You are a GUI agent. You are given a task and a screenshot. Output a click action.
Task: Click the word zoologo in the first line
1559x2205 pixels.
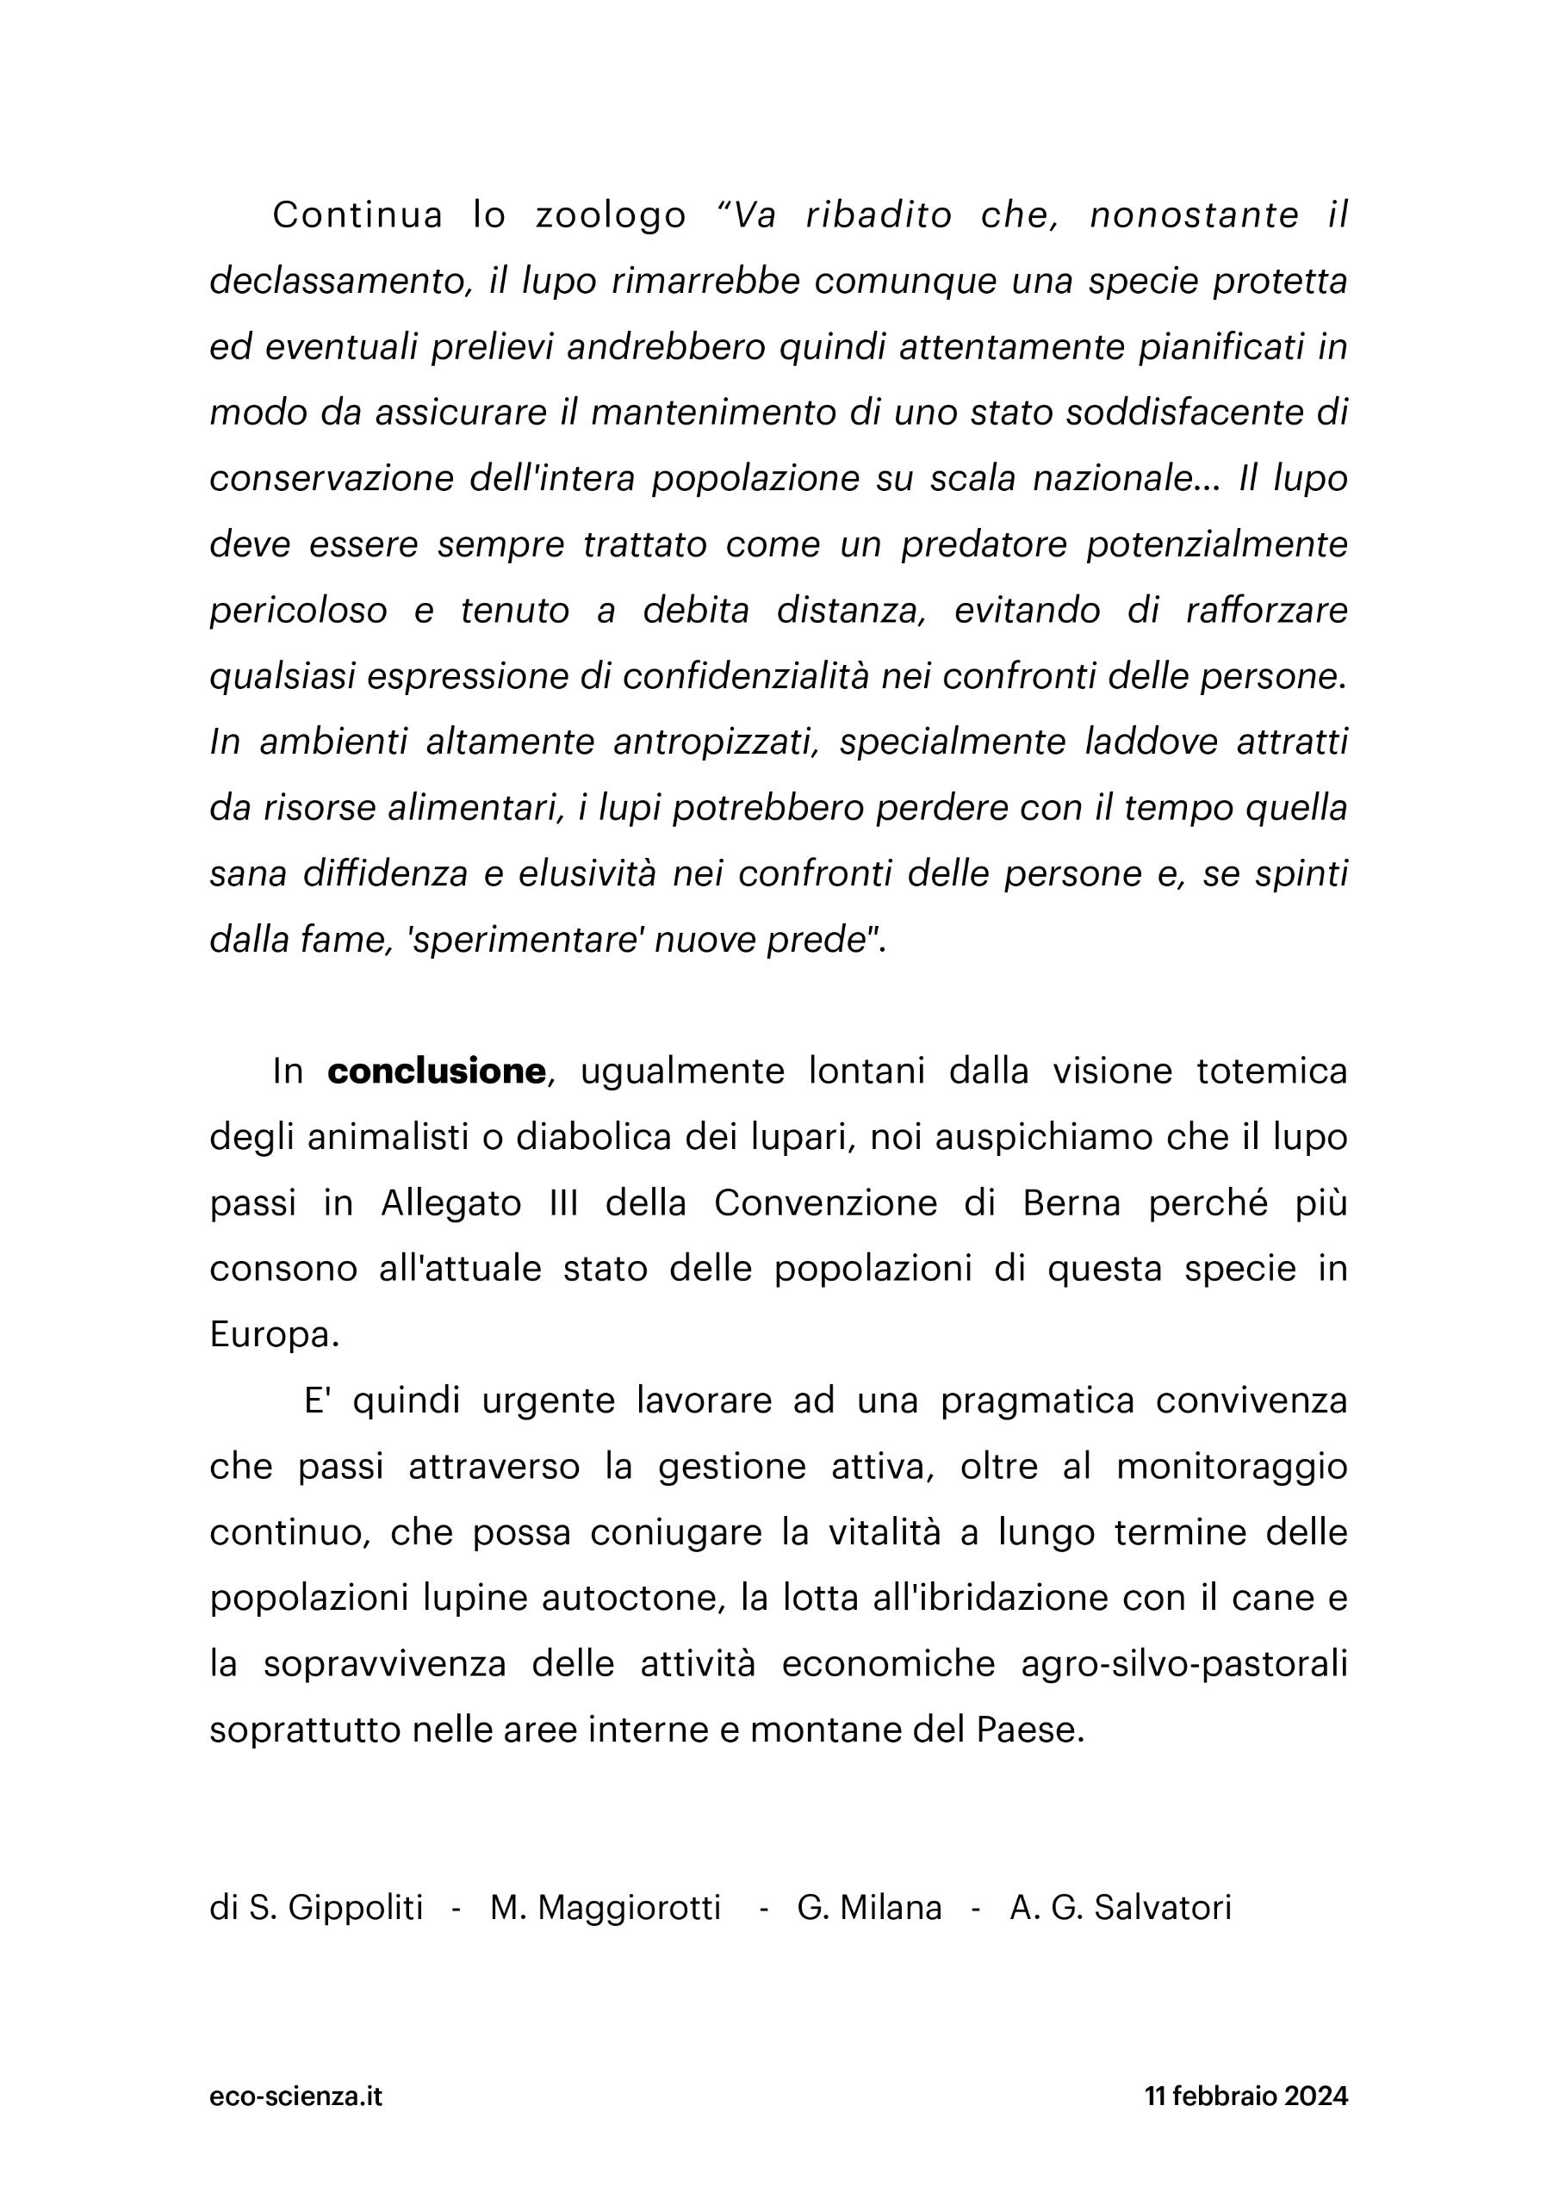pos(610,216)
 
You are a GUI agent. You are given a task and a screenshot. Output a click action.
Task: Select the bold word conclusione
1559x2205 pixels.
pos(436,1071)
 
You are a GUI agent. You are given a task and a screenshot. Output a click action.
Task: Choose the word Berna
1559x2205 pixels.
pos(1072,1202)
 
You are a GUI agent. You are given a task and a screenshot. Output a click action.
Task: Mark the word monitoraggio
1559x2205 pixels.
pos(1233,1467)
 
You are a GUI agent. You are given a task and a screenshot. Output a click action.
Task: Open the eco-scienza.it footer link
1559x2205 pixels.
pos(295,2095)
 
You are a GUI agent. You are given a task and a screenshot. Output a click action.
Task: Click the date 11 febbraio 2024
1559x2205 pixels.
pos(1245,2095)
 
